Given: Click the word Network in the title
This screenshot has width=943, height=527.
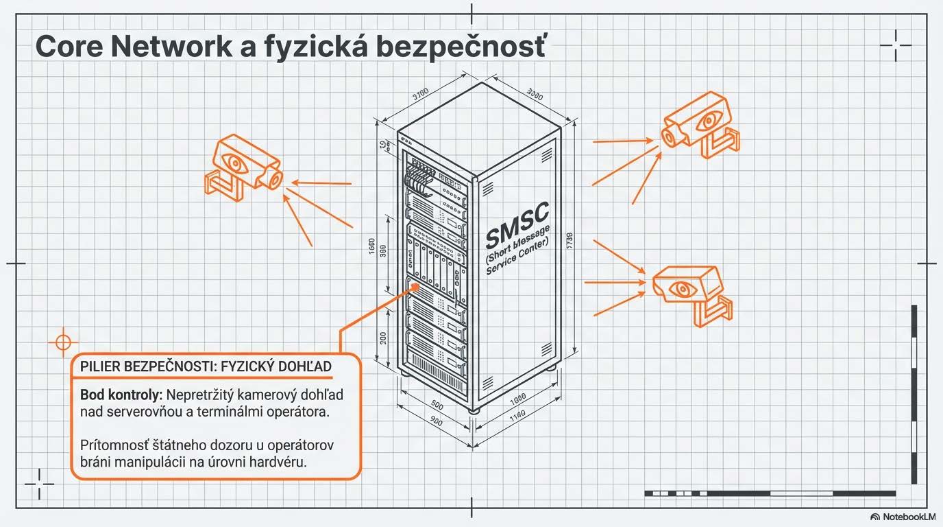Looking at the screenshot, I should [163, 47].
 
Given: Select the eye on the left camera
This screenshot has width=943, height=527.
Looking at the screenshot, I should [236, 163].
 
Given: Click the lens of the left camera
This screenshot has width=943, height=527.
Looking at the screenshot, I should [274, 179].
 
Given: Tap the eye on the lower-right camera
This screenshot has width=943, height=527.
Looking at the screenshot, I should [681, 288].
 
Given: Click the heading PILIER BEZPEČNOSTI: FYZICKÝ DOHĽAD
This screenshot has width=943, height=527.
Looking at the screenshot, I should [206, 366].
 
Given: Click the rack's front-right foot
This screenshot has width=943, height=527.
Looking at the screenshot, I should [473, 410].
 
